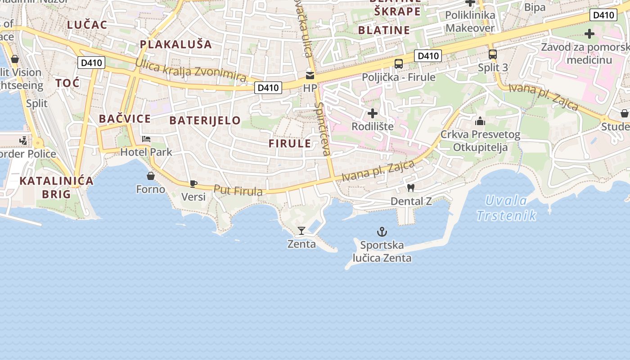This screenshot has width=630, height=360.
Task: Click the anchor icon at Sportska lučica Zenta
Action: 382,232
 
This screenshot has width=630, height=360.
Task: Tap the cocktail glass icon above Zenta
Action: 301,231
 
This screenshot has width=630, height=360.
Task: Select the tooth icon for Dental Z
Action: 410,188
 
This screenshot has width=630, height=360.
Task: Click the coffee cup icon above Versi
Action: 193,183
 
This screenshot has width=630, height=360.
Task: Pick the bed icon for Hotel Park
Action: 146,139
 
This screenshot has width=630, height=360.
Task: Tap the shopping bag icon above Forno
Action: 151,176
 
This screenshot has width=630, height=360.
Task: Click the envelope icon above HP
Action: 310,75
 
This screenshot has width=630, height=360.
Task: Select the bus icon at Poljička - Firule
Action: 399,64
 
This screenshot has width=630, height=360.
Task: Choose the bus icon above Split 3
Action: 493,54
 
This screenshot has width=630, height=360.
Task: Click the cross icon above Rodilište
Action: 373,113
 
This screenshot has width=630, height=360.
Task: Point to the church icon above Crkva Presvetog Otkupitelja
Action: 480,121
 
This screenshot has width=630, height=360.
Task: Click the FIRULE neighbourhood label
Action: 290,144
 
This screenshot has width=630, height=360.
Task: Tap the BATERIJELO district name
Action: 205,120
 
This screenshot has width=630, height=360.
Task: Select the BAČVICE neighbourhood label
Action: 125,119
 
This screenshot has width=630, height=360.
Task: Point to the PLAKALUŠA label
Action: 175,44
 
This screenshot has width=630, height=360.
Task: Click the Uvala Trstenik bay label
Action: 507,208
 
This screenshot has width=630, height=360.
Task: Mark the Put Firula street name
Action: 238,191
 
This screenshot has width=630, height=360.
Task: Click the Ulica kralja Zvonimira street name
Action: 191,71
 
